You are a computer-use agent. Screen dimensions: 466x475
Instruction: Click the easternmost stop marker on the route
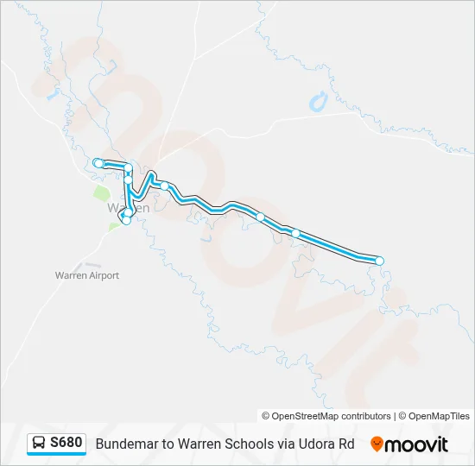coord(378,261)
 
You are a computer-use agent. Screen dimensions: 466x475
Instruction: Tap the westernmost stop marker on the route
coord(98,163)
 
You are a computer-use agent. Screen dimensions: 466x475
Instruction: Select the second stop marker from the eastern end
coord(295,233)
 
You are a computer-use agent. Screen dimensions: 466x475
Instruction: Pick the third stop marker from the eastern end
coord(260,217)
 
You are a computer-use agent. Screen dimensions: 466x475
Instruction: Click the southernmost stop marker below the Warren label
coord(126,220)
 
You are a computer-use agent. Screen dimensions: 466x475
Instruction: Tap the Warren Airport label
coord(86,275)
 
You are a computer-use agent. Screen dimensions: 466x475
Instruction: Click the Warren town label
coord(128,208)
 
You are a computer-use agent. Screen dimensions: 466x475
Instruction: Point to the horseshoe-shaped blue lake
coord(317,102)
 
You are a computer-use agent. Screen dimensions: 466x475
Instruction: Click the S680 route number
coord(66,444)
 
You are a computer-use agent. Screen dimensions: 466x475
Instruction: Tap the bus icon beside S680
coord(39,444)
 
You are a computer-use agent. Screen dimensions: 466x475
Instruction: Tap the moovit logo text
coord(417,444)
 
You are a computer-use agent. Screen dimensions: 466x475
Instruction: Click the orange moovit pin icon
coord(377,444)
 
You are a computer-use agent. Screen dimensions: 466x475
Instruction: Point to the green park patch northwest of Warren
coord(100,192)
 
